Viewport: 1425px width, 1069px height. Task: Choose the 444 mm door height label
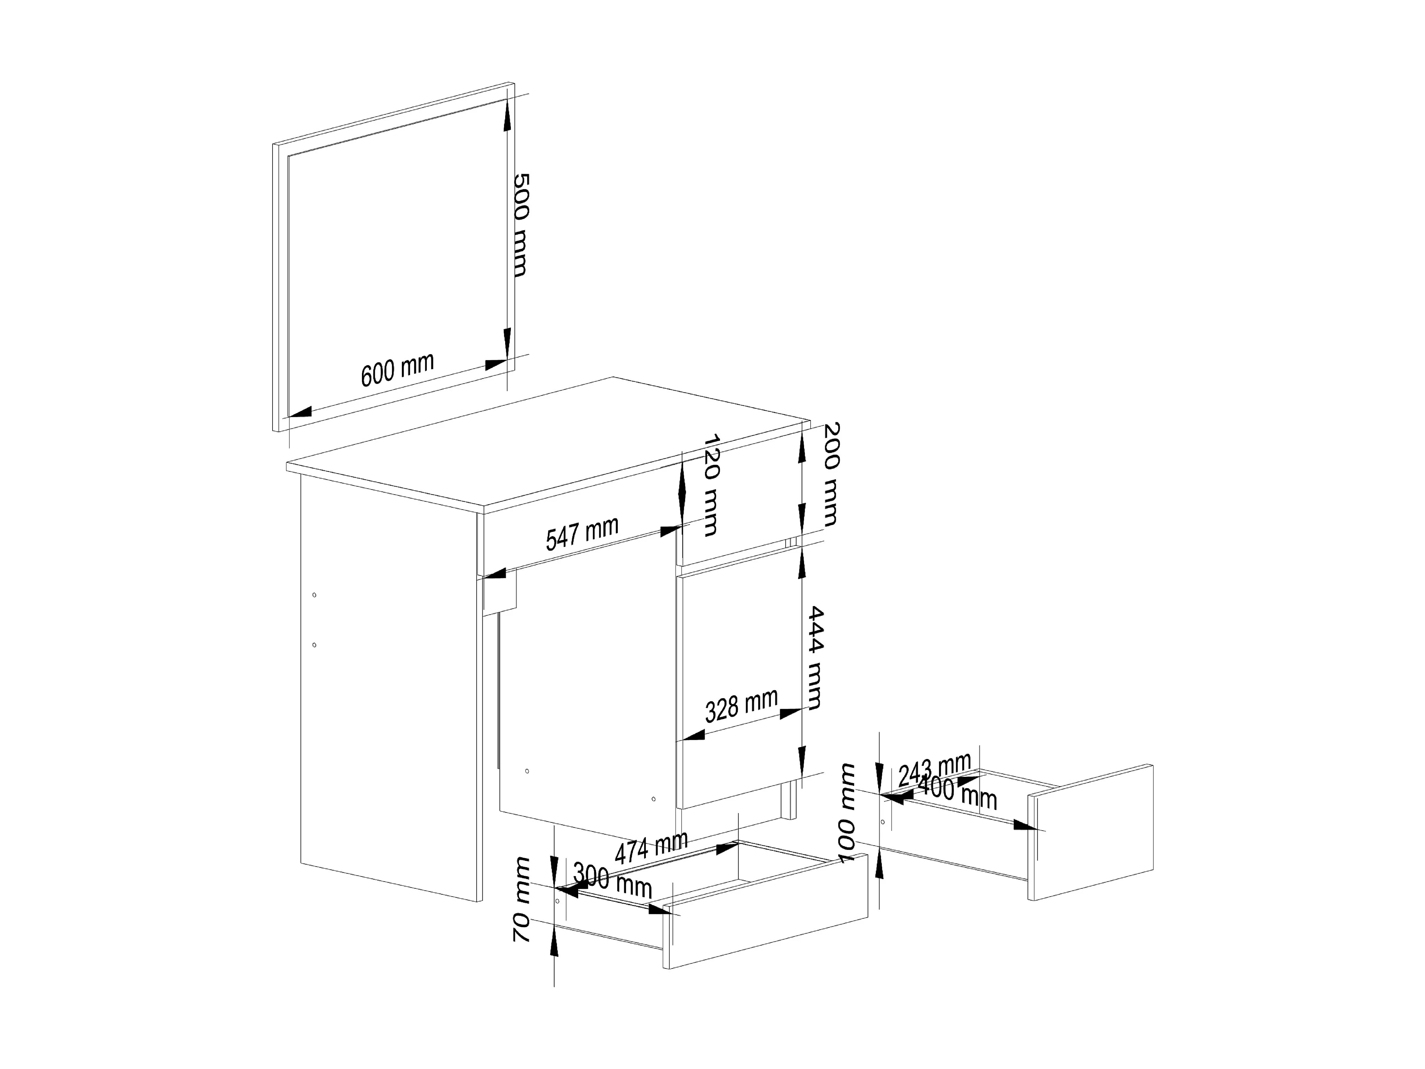pos(815,657)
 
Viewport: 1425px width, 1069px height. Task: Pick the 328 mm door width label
pos(741,706)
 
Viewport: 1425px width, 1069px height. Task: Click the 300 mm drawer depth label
pos(612,880)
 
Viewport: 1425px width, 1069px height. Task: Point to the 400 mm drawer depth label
pos(957,792)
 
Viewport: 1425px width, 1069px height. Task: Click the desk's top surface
pos(548,445)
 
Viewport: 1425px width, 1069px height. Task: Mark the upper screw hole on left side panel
pos(314,595)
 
